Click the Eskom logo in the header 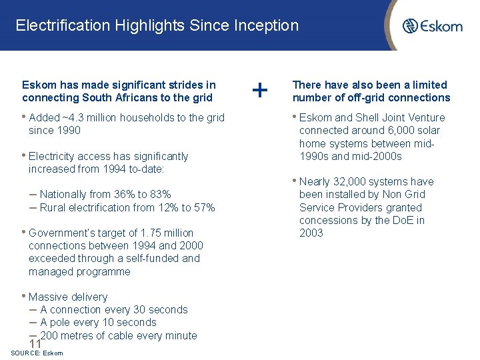point(432,26)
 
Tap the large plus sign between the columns point(261,89)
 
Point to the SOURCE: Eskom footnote point(37,353)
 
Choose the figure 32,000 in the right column point(350,181)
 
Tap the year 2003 point(311,233)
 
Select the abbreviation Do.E point(399,220)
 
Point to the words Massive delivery point(67,297)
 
